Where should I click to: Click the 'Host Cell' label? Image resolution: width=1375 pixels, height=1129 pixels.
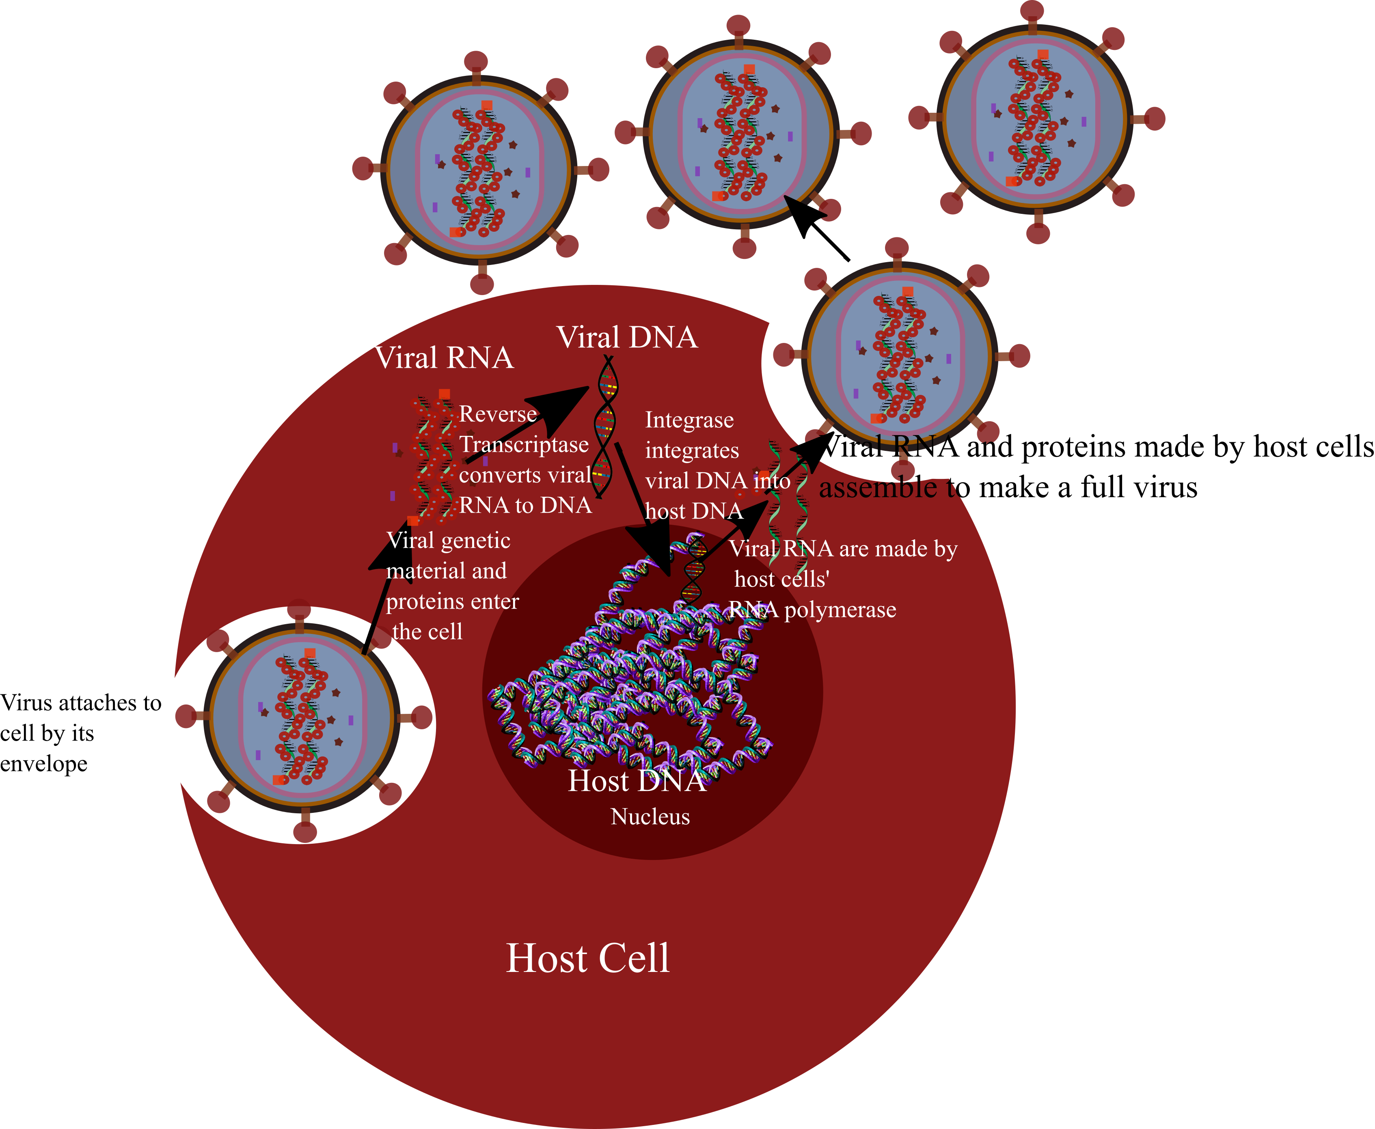(x=587, y=958)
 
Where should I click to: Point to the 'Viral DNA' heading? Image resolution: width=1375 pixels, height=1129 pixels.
(x=627, y=338)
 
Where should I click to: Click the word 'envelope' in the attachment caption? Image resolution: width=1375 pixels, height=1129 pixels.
(x=43, y=764)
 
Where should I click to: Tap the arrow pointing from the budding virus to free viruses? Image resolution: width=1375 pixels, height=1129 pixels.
(x=816, y=228)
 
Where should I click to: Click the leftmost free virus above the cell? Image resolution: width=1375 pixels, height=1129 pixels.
(x=479, y=171)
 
